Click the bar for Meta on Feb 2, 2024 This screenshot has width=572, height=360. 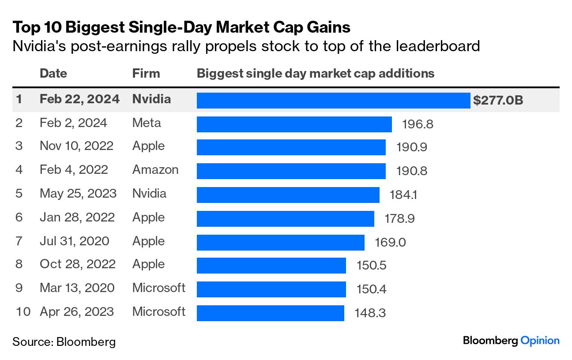point(294,124)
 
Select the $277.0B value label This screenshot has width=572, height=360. point(498,100)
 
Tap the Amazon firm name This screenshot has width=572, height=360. point(155,170)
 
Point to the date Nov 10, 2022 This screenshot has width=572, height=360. point(76,146)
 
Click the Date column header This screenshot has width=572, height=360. point(53,73)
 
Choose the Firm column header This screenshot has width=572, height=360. point(146,73)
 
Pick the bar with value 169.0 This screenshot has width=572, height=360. point(280,242)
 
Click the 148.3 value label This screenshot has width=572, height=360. point(370,313)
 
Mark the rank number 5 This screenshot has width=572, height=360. point(19,194)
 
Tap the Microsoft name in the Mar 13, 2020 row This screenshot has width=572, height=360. point(159,288)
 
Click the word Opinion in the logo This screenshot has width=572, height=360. point(540,341)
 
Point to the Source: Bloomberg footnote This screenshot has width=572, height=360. point(64,341)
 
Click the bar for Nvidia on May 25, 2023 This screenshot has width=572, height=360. point(288,195)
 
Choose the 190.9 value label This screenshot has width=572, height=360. point(411,147)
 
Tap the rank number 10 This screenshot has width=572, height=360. point(23,312)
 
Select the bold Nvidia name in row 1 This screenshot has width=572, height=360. point(151,99)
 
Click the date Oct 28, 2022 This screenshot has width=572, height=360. point(78,264)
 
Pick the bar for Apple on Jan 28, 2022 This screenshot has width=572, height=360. point(285,218)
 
